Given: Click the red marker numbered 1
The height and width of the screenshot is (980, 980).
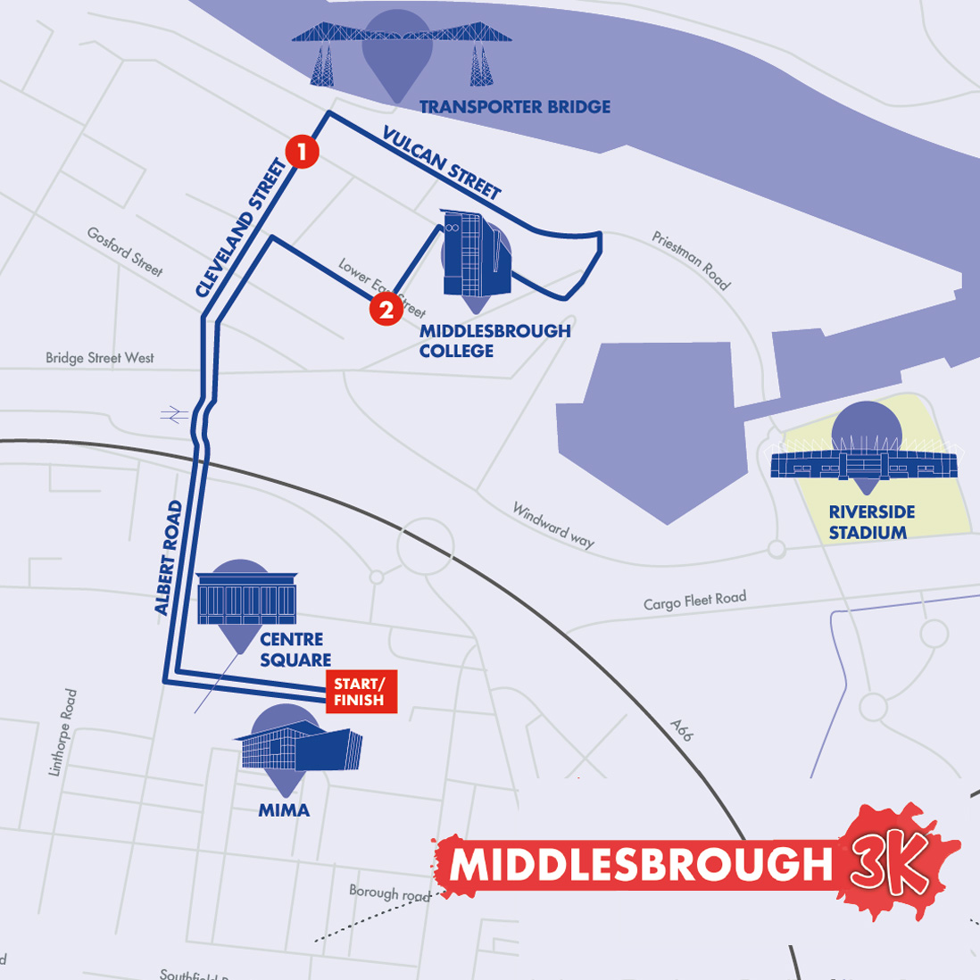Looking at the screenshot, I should (302, 152).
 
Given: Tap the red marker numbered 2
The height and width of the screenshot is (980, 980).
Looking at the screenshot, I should (386, 310).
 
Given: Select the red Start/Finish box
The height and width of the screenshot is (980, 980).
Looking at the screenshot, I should (360, 692).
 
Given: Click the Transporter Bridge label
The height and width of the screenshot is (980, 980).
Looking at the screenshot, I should (515, 107).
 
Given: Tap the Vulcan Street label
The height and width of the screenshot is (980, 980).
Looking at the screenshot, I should (442, 162).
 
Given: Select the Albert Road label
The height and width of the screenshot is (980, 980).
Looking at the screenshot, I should (168, 558).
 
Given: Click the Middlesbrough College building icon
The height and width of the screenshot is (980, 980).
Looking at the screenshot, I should (476, 254).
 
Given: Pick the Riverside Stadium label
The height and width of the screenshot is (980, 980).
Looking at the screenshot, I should (871, 522).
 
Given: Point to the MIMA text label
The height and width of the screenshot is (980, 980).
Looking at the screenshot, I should (284, 810).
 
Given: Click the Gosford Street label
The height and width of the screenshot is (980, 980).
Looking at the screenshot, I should (125, 251).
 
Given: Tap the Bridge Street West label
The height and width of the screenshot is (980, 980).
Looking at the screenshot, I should (100, 358).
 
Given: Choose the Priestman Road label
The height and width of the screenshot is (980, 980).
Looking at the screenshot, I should (691, 261).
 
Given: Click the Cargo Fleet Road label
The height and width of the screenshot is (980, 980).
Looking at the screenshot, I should (694, 601).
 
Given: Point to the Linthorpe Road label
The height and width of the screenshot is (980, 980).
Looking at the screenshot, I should (64, 732).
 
